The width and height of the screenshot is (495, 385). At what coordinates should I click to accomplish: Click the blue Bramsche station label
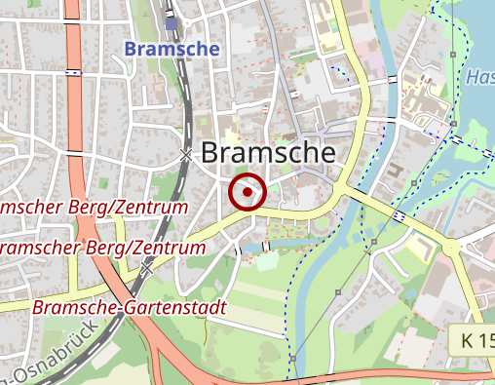(172, 48)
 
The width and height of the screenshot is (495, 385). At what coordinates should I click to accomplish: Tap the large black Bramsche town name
(268, 153)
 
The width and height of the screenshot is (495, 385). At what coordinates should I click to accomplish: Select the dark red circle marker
(247, 192)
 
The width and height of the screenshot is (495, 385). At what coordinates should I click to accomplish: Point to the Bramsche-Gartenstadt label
(129, 307)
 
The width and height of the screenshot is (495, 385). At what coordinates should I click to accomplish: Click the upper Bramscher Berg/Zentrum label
(93, 209)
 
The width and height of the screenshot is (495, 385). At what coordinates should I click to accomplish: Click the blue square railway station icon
(172, 24)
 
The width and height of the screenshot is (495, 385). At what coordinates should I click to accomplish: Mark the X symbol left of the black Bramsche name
(185, 155)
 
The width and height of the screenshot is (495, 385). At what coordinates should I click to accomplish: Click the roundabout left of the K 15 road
(451, 248)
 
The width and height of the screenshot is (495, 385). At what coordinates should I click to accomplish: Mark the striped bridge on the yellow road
(400, 215)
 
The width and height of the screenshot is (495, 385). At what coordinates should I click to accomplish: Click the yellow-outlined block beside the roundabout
(421, 250)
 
